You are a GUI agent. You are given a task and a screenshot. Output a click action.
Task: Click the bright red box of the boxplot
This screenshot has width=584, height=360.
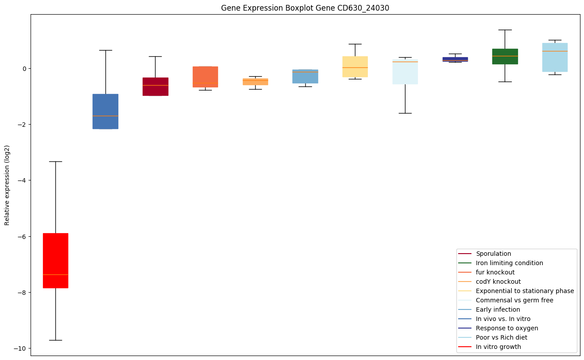click(55, 260)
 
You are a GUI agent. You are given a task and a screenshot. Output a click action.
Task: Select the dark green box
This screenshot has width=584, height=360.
click(505, 56)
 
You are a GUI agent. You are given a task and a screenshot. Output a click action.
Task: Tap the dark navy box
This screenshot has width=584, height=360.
click(455, 59)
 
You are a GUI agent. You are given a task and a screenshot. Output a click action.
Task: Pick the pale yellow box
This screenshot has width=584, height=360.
click(355, 67)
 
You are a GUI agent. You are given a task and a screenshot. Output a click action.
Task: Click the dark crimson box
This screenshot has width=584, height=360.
click(155, 86)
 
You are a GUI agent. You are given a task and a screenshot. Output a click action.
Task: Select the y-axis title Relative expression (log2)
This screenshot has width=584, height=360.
click(7, 185)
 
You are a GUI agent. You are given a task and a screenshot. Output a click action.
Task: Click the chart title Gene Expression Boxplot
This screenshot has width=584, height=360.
click(305, 8)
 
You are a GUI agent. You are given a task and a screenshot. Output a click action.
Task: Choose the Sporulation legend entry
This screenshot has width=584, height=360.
click(493, 254)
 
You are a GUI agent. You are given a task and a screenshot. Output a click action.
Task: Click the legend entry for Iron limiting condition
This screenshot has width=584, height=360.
click(509, 263)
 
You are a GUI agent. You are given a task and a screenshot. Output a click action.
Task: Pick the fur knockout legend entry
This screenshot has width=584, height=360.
click(495, 272)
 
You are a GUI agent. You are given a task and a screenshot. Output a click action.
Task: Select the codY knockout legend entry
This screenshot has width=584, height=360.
click(498, 282)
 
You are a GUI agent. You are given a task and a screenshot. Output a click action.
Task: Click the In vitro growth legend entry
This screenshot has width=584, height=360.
click(498, 347)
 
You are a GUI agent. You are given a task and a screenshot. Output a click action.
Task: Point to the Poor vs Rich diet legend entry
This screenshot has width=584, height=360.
click(501, 337)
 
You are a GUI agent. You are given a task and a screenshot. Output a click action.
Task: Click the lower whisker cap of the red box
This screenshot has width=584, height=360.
click(55, 340)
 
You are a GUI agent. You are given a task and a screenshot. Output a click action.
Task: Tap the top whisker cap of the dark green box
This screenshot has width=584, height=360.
click(505, 30)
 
